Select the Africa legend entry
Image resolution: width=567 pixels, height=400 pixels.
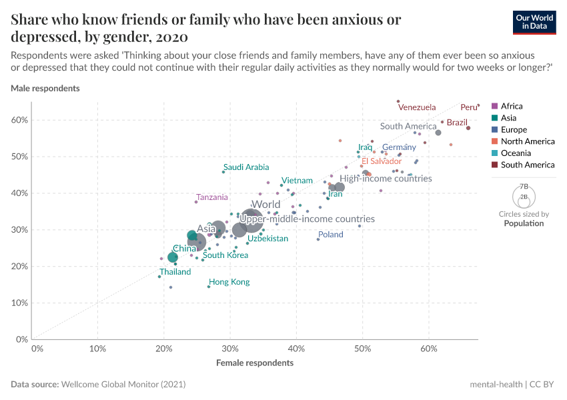click(x=512, y=106)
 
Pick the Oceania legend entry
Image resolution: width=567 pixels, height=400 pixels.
click(x=515, y=153)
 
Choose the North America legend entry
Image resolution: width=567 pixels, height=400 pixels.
click(x=527, y=141)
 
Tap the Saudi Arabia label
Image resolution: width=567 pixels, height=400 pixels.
click(x=246, y=167)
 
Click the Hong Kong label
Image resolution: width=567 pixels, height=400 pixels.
click(x=229, y=282)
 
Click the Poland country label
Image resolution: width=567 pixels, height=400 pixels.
click(x=330, y=235)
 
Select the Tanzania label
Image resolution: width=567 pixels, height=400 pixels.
click(x=212, y=197)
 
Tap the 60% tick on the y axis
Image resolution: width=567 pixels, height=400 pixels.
click(x=19, y=120)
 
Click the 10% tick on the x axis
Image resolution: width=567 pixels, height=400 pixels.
click(x=97, y=349)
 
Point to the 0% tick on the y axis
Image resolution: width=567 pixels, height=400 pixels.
click(x=22, y=339)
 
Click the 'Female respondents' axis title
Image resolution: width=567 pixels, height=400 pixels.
click(x=255, y=363)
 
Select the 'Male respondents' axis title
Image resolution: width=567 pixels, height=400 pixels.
click(x=45, y=88)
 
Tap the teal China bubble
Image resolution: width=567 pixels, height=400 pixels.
click(x=173, y=257)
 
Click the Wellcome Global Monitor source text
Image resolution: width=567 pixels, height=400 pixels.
click(x=123, y=385)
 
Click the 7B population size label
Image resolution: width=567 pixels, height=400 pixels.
click(x=524, y=187)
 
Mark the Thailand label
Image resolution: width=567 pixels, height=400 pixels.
click(x=175, y=272)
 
